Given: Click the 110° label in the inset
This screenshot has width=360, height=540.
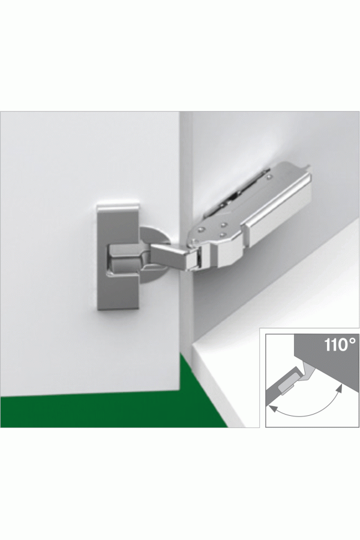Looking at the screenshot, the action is pos(338,344).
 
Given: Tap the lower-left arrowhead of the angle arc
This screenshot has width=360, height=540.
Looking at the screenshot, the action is pos(273,409).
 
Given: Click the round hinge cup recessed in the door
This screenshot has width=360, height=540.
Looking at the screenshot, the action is pos(154,254).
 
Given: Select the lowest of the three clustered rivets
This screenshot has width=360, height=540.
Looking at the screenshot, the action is pos(222,235).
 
